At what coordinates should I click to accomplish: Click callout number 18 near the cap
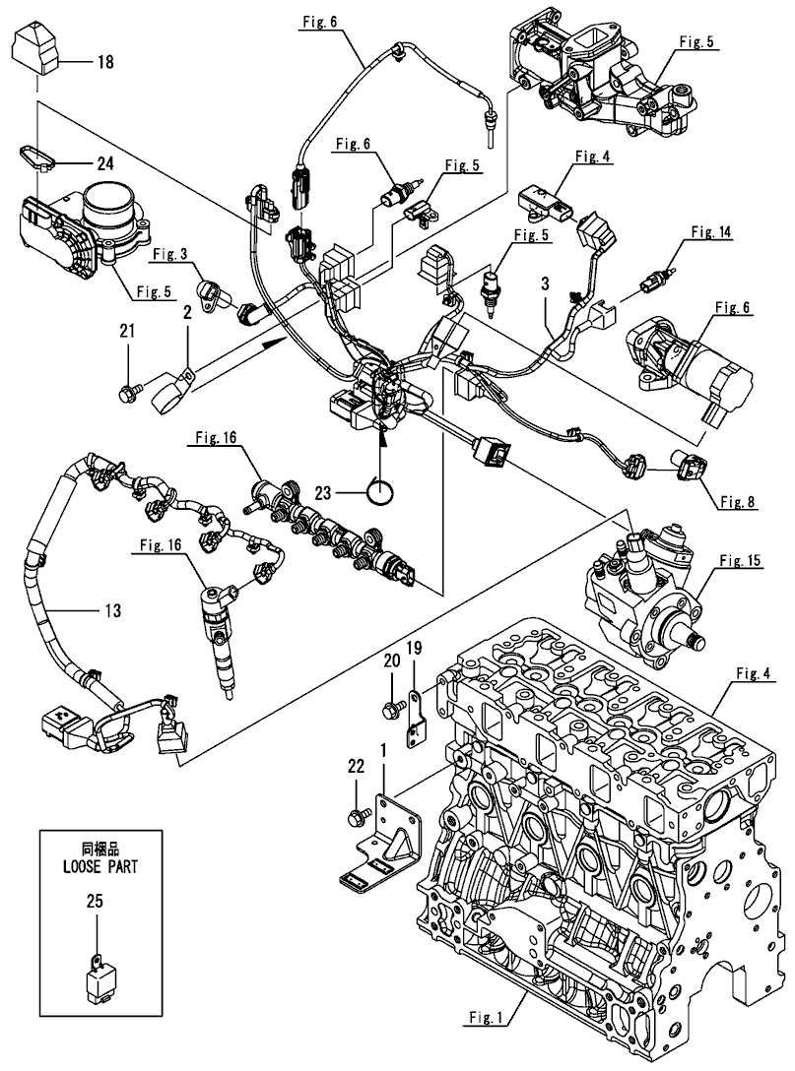tap(104, 63)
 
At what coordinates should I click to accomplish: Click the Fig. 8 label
tap(738, 501)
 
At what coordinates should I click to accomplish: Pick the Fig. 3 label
tap(169, 256)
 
